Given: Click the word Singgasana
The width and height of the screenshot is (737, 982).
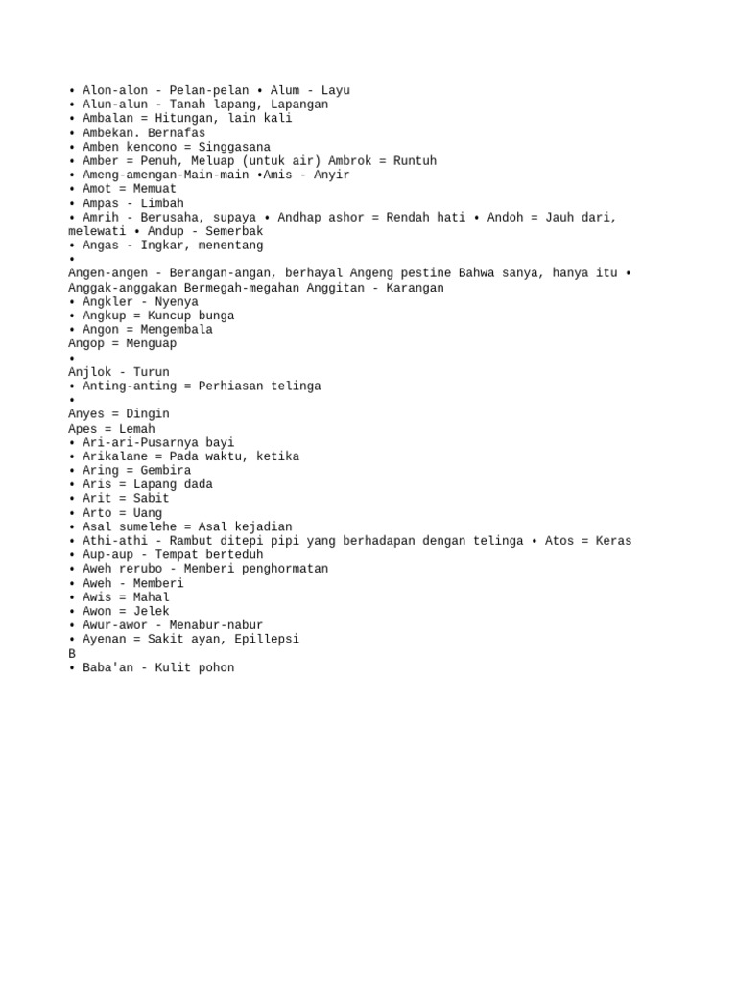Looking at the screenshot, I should point(234,147).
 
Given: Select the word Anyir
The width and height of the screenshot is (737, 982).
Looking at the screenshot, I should point(332,175).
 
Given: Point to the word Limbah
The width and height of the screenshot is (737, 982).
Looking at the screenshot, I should point(162,203).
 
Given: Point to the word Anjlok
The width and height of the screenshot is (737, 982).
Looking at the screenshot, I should point(90,372).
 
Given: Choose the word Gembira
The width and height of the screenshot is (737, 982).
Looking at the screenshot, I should point(166,471).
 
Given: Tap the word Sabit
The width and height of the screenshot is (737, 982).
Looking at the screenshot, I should point(152,499).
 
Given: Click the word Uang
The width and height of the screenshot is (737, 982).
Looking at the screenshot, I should point(148,513).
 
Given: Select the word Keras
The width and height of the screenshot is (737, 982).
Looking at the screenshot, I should point(613,541).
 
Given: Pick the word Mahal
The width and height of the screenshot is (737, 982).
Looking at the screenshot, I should point(152,597).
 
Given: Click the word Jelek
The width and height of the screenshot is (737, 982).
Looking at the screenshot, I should point(152,611).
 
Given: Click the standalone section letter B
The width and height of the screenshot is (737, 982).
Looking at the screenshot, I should point(72,653).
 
